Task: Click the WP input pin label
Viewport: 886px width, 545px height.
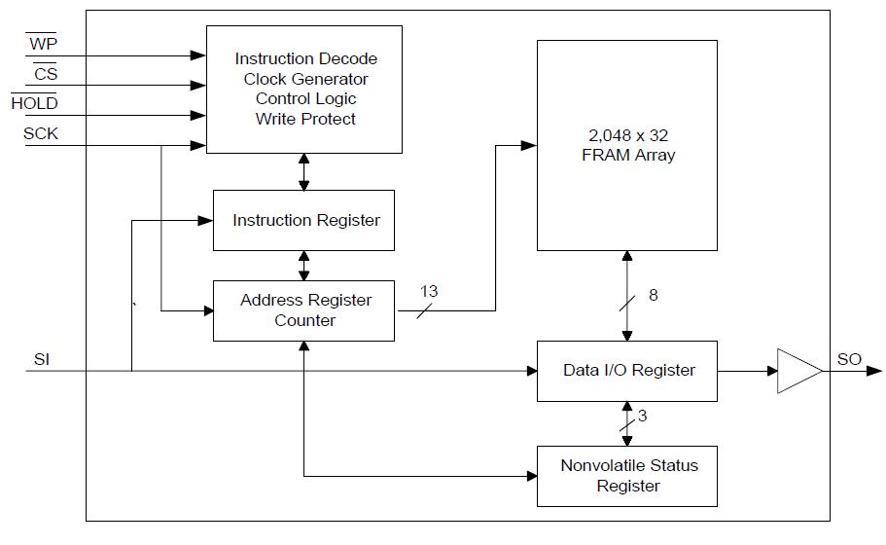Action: click(42, 44)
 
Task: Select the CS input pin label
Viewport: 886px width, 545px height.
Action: click(45, 73)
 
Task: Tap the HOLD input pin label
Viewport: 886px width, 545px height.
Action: click(34, 103)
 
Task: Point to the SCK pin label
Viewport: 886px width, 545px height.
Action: click(41, 134)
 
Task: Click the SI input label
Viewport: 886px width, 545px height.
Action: click(42, 360)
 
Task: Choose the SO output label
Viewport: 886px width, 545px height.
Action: click(849, 359)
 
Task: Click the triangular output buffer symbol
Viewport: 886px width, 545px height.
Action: click(797, 371)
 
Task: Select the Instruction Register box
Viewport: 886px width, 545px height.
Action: click(304, 221)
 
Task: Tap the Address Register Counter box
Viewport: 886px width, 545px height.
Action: click(304, 310)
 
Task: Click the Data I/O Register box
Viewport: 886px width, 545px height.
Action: click(627, 371)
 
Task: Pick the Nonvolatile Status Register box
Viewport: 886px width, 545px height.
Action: click(627, 476)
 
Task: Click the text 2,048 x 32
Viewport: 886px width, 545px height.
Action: click(627, 135)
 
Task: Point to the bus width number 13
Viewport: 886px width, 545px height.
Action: click(429, 291)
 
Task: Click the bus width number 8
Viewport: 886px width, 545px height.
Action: click(654, 294)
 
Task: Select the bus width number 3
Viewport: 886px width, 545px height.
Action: click(643, 416)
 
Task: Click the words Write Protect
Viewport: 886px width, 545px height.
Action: click(305, 120)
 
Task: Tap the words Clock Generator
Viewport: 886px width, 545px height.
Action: click(305, 79)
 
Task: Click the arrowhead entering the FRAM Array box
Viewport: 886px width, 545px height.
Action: click(529, 146)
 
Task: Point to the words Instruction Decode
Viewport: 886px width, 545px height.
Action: click(305, 58)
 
